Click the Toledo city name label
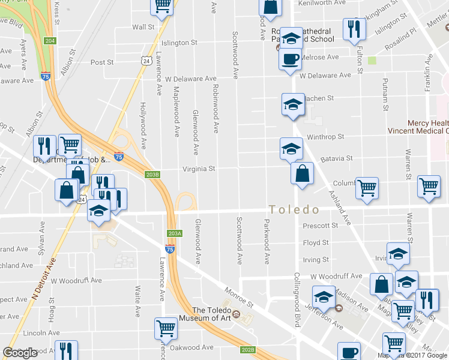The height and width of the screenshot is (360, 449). tap(294, 210)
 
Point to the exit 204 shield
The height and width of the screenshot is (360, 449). tap(50, 41)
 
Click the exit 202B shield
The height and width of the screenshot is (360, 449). tap(248, 349)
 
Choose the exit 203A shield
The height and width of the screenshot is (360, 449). tap(174, 233)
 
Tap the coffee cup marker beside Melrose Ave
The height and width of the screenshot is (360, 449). tap(291, 59)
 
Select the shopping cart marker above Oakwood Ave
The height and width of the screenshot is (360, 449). tap(165, 328)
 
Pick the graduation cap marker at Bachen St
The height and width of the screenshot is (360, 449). tap(293, 104)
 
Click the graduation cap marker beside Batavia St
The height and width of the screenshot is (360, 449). tap(291, 148)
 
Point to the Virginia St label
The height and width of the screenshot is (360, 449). tap(199, 169)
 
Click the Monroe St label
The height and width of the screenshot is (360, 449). tap(237, 298)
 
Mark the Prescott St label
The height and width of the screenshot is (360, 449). tap(321, 226)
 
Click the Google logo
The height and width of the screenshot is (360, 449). tap(20, 352)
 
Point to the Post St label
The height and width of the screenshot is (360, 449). tap(102, 62)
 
